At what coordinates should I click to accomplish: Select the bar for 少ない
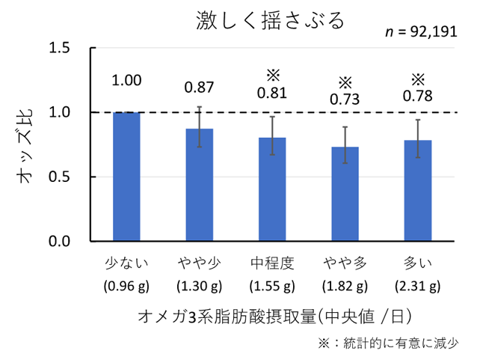coord(126,177)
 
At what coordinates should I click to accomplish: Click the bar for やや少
coord(199,185)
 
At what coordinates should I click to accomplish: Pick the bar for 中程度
coord(272,189)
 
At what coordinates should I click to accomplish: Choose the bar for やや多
coord(345,194)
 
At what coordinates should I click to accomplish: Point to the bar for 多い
coord(418,191)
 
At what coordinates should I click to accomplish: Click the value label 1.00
coord(126,81)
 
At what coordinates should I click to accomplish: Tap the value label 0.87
coord(199,88)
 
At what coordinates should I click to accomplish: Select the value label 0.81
coord(272,94)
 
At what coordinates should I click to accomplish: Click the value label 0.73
coord(345,100)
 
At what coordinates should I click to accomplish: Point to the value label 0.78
coord(418,97)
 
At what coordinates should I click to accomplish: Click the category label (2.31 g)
coord(418,286)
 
